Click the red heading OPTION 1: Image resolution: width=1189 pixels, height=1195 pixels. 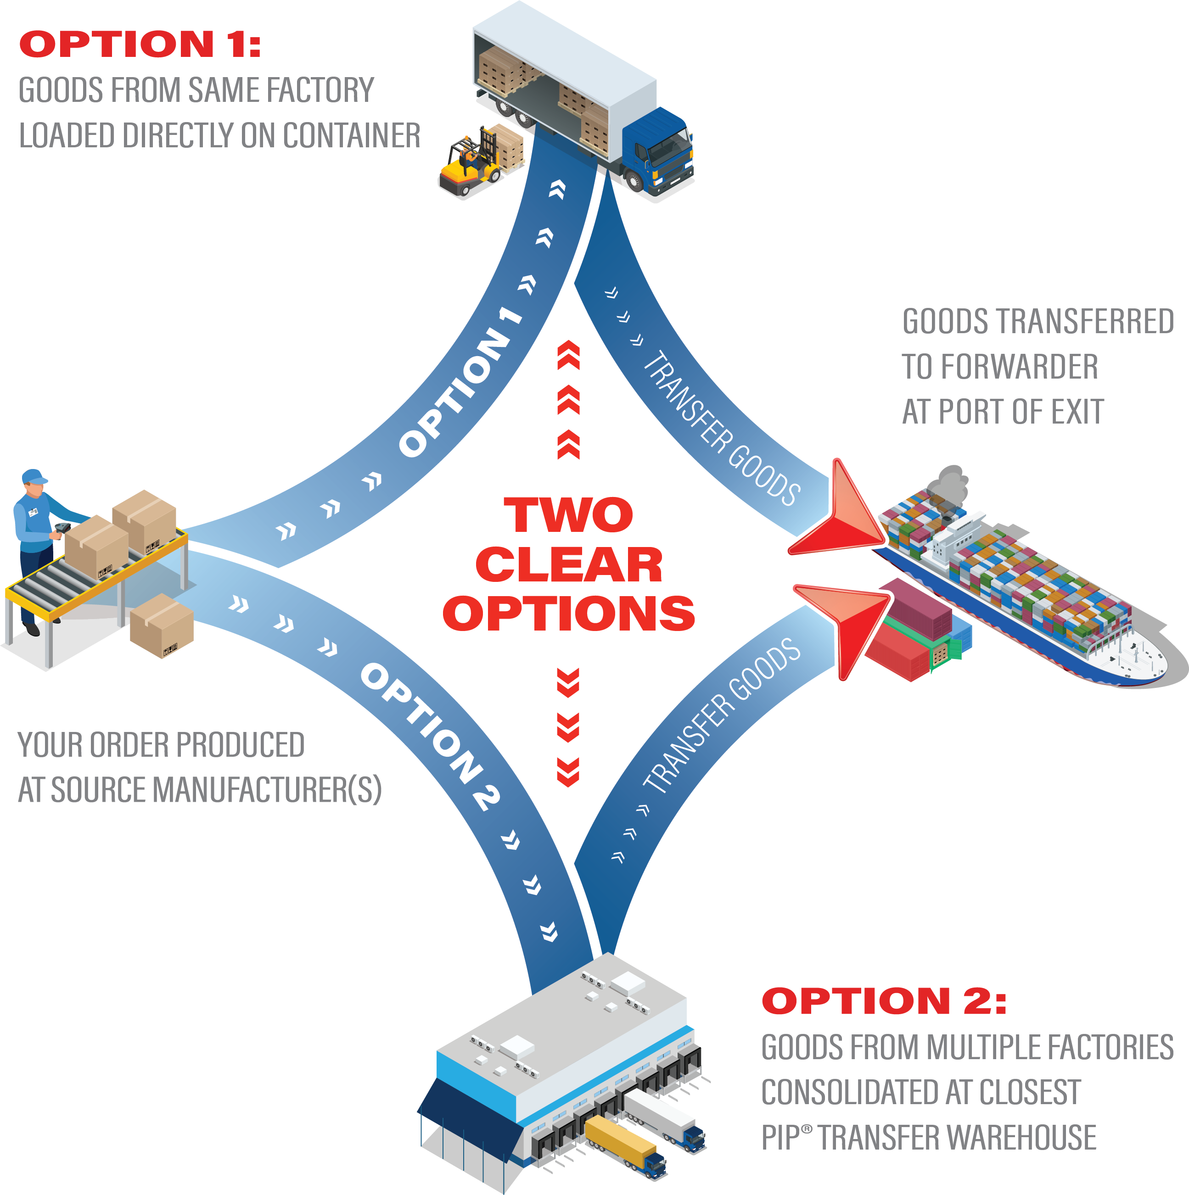[x=140, y=45]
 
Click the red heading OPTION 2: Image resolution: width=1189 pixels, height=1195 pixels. [x=883, y=1001]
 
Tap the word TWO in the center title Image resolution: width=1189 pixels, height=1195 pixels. [x=568, y=515]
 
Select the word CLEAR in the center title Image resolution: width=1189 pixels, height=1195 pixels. [x=568, y=565]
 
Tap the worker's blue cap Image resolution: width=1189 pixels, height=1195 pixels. [x=34, y=477]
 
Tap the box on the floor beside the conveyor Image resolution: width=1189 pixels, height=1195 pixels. [x=162, y=625]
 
